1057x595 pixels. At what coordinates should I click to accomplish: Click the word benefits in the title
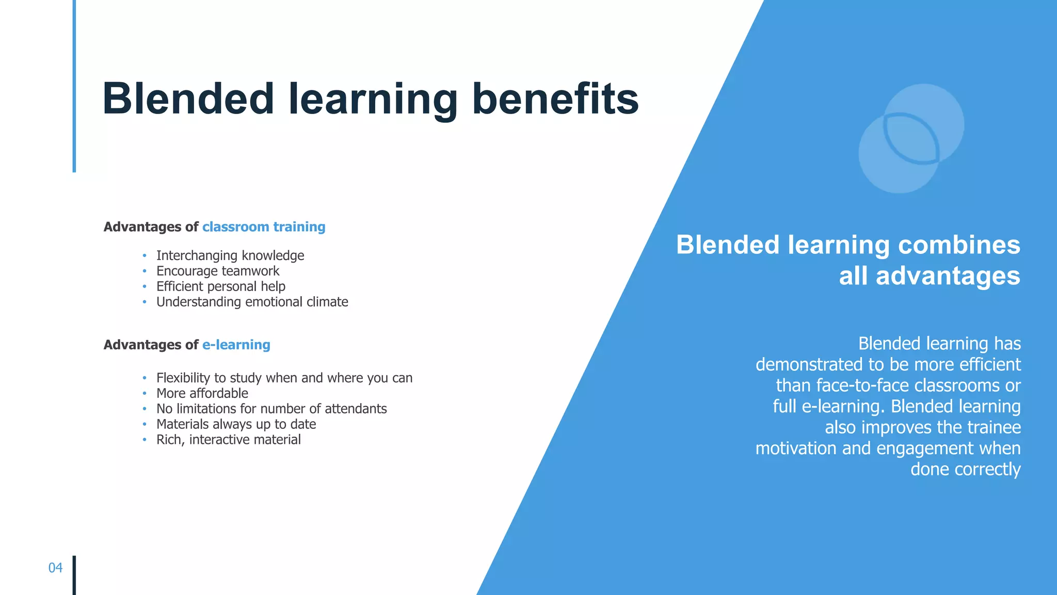[555, 99]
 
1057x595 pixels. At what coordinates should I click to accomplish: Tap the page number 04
[55, 568]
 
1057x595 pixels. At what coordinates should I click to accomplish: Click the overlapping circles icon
[911, 139]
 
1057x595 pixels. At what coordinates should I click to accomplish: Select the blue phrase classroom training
[263, 227]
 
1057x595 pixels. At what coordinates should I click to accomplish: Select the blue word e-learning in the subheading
[236, 345]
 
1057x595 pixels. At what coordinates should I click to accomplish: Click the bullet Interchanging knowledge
[230, 255]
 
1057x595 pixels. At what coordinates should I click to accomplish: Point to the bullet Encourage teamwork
[217, 271]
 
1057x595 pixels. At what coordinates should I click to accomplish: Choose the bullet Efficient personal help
[220, 286]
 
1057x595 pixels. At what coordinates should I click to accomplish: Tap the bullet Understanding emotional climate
[252, 302]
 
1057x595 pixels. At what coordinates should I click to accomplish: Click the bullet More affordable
[202, 393]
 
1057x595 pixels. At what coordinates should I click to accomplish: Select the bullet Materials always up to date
[236, 424]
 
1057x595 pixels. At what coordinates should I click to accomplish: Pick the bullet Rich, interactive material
[228, 440]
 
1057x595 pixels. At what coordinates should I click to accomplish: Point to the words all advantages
[929, 276]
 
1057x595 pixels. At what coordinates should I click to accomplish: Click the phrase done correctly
[965, 469]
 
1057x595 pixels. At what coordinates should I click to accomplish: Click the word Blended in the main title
[188, 99]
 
